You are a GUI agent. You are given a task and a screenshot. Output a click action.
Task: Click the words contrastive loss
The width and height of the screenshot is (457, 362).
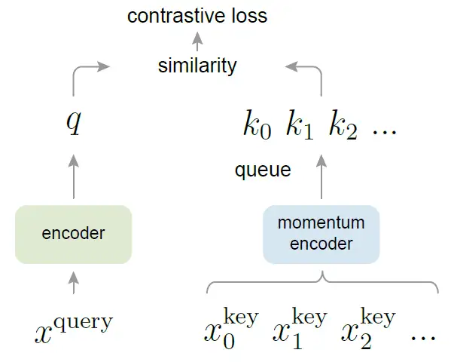tap(197, 16)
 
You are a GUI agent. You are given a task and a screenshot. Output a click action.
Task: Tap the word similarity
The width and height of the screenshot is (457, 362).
tap(197, 66)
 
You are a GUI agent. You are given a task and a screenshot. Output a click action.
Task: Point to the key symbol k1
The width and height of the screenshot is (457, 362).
tap(299, 126)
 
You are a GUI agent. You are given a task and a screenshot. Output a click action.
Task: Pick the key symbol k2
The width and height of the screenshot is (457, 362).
tap(342, 126)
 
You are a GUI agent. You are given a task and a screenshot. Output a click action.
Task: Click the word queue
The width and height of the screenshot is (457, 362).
tap(263, 170)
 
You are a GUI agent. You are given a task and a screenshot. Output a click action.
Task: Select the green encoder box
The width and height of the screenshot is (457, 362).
tap(73, 233)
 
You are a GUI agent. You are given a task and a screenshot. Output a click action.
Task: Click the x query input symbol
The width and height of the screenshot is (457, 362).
tap(73, 327)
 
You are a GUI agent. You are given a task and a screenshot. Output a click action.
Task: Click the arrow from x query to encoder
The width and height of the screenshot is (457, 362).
tap(73, 283)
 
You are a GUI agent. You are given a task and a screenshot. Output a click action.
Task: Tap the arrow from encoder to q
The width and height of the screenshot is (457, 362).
tap(73, 176)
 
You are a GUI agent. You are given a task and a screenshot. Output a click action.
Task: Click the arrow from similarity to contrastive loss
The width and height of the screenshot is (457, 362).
tap(198, 41)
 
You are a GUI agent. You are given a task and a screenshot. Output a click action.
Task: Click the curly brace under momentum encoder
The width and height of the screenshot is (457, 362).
tap(321, 282)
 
